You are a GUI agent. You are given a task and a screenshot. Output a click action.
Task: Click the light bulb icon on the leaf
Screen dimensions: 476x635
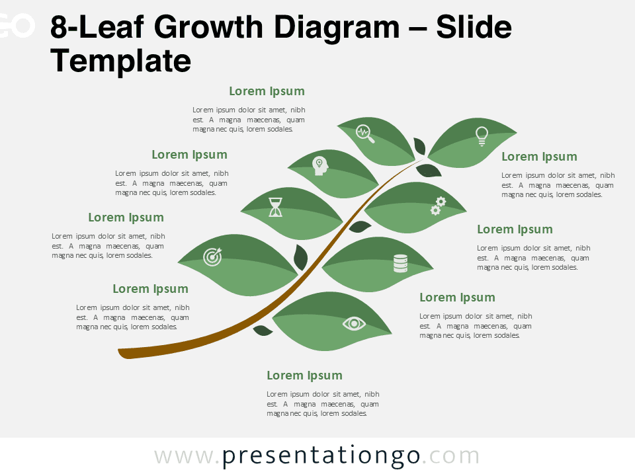(x=482, y=136)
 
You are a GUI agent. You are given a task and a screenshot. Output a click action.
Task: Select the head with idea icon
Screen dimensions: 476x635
(x=320, y=165)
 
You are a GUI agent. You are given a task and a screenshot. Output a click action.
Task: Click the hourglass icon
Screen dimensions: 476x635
(x=275, y=207)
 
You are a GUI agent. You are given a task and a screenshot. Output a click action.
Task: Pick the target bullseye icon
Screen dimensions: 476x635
(x=212, y=257)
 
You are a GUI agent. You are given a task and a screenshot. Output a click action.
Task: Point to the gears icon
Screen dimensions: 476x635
(x=438, y=206)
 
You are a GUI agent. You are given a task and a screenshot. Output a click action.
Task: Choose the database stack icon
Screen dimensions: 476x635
(x=400, y=263)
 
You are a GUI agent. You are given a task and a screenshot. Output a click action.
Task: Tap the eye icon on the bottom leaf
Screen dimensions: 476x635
(x=354, y=323)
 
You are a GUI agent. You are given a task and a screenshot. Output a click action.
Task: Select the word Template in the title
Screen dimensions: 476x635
(x=120, y=61)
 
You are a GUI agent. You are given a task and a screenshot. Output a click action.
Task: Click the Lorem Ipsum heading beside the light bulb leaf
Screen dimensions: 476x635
(x=539, y=157)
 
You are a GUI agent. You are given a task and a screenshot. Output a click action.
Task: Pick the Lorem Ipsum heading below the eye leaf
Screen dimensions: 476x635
(x=304, y=376)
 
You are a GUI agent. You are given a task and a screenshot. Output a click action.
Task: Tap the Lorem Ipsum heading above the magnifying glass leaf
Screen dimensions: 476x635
(x=267, y=91)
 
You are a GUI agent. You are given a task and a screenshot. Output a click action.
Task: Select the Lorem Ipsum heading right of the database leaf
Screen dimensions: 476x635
(x=457, y=297)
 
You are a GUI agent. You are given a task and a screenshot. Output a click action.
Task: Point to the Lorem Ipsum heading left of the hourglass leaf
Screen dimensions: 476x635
(x=126, y=218)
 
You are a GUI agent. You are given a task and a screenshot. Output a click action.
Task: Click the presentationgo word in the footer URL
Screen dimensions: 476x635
(x=321, y=456)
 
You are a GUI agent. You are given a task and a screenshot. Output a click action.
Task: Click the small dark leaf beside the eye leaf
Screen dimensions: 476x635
(x=263, y=330)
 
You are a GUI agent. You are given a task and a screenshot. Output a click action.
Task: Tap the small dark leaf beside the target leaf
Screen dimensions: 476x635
(x=300, y=257)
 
